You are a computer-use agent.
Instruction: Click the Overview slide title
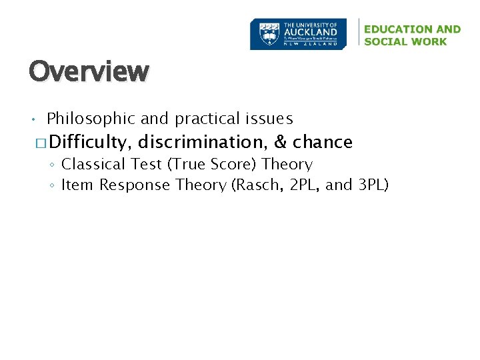(89, 71)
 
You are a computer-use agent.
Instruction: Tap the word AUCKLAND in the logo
(310, 32)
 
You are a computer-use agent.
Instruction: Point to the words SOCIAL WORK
(405, 41)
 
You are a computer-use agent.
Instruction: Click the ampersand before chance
(280, 142)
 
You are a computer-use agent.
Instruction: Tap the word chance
(323, 142)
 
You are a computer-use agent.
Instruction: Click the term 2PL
(303, 185)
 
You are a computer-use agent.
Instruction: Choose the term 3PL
(372, 185)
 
